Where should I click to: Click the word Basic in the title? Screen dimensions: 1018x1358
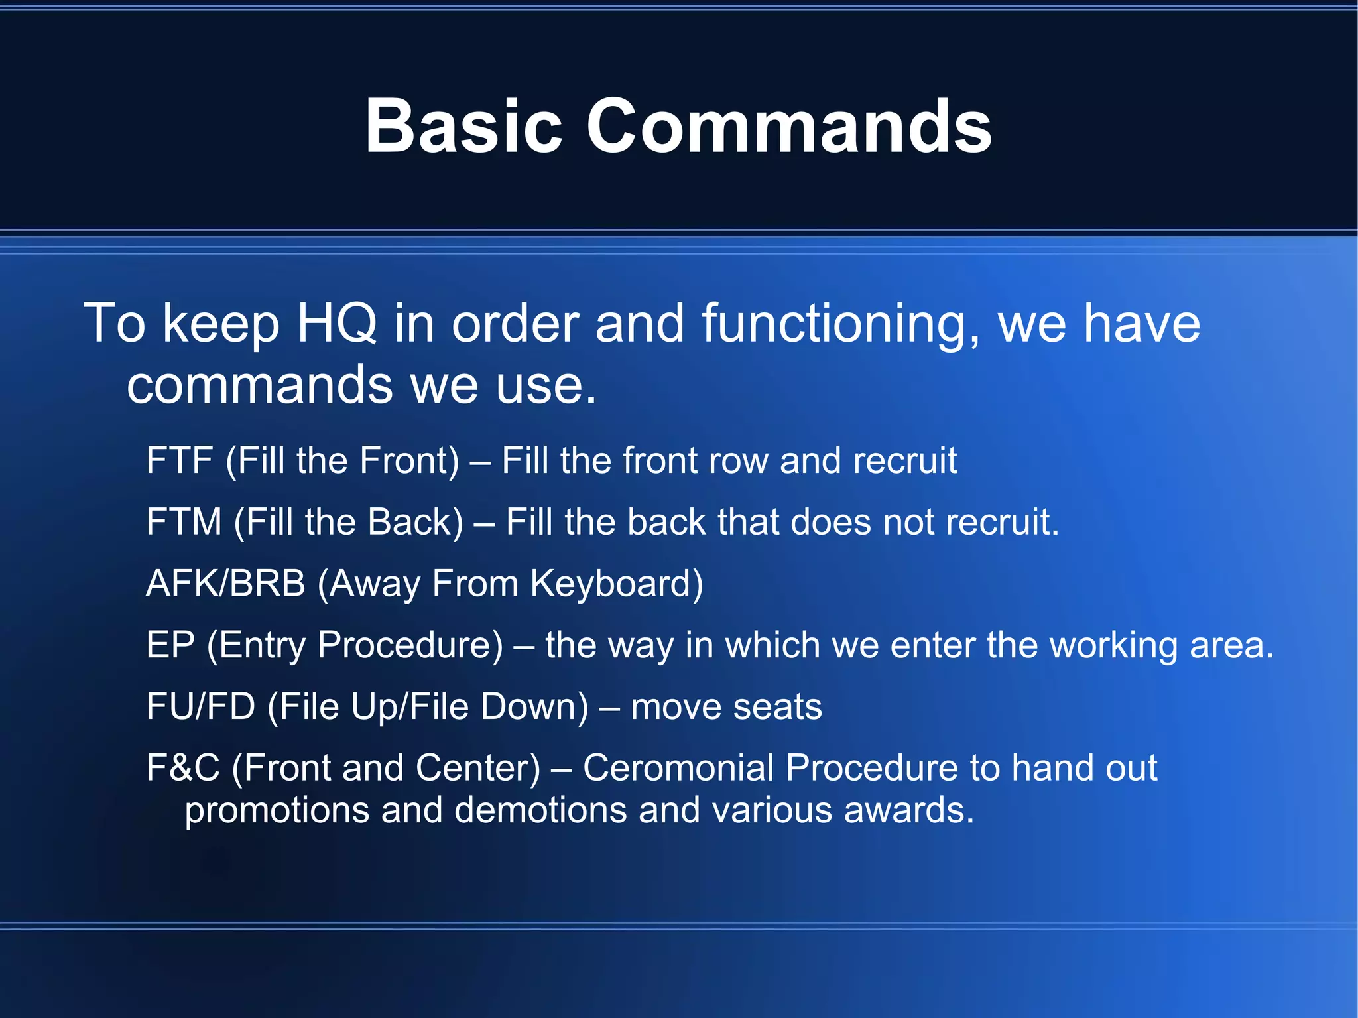coord(463,126)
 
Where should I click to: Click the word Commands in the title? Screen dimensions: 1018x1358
coord(788,126)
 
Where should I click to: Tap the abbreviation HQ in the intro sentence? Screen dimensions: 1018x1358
coord(337,323)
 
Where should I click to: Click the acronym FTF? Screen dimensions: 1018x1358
coord(180,460)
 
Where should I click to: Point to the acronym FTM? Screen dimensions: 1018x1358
coord(184,522)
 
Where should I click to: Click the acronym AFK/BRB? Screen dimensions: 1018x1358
coord(225,584)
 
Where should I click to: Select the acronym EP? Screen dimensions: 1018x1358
coord(170,645)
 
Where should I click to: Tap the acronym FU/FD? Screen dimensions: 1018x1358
coord(200,706)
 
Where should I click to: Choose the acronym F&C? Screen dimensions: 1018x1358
coord(182,768)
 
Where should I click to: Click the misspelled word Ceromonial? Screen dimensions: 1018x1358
coord(678,768)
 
